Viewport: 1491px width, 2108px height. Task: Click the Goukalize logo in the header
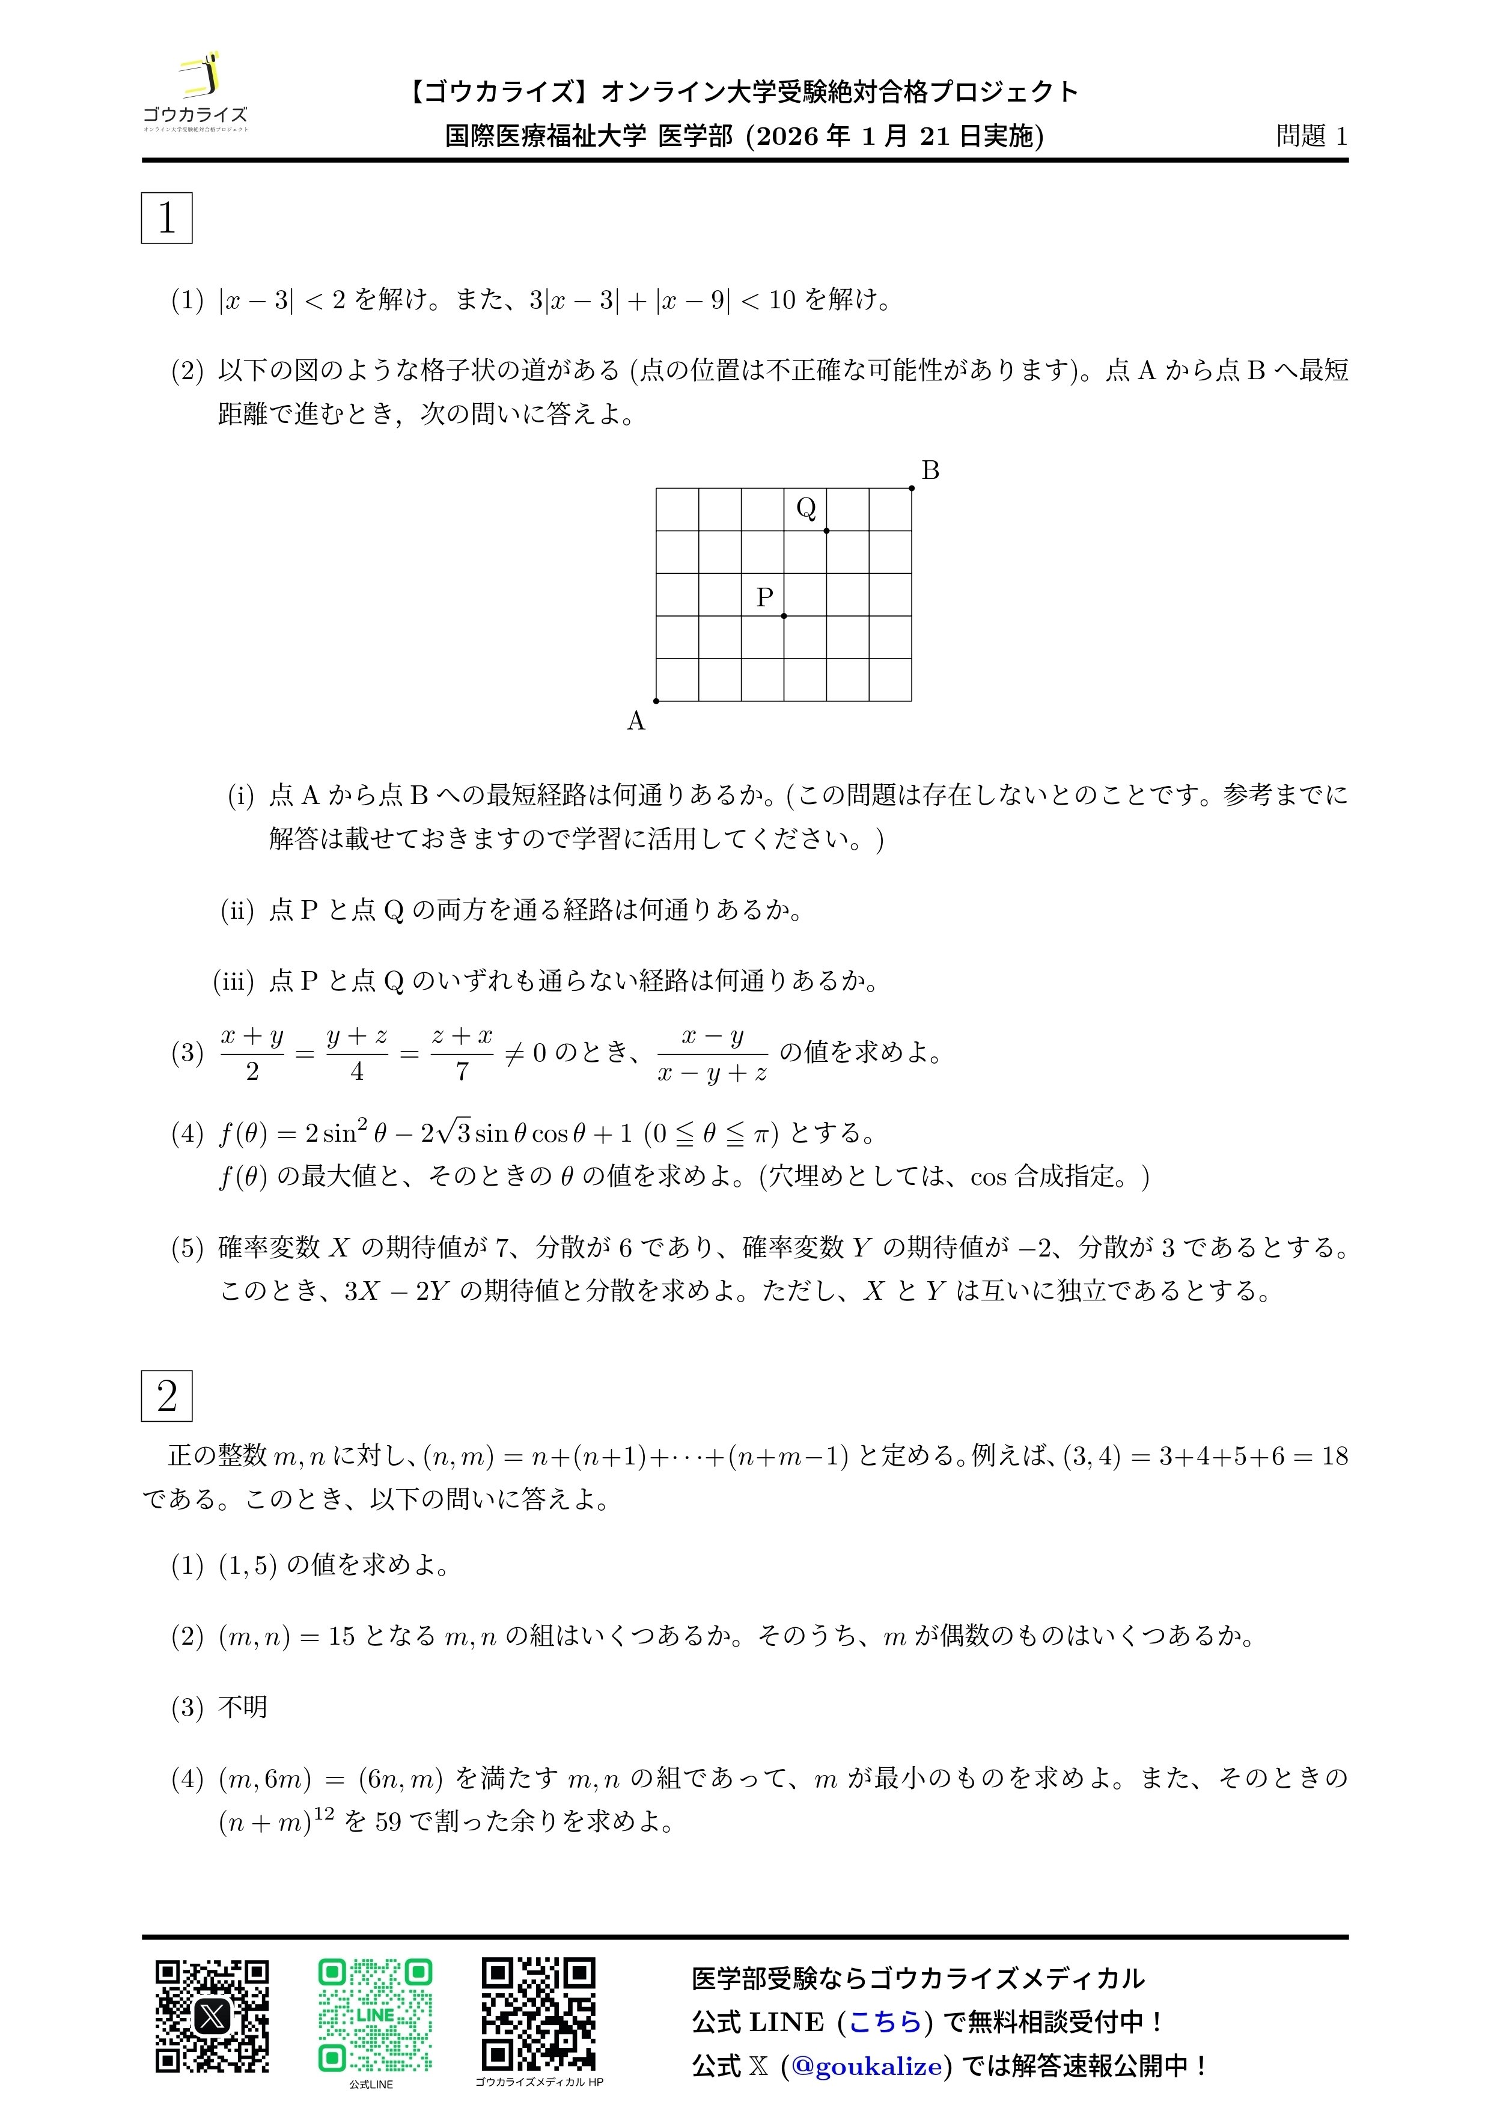pos(195,94)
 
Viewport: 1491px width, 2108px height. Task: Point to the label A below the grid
pos(635,722)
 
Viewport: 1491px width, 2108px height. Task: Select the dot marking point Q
pos(826,531)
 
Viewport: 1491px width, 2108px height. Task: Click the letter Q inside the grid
pos(806,508)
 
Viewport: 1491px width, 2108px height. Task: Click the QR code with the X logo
pos(212,2016)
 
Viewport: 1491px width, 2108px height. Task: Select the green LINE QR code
pos(374,2016)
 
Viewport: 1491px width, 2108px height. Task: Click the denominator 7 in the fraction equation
pos(462,1071)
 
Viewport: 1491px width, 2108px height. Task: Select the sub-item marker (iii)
pos(233,981)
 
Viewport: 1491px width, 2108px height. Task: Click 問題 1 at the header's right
pos(1311,136)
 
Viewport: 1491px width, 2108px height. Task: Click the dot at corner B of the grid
pos(912,489)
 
